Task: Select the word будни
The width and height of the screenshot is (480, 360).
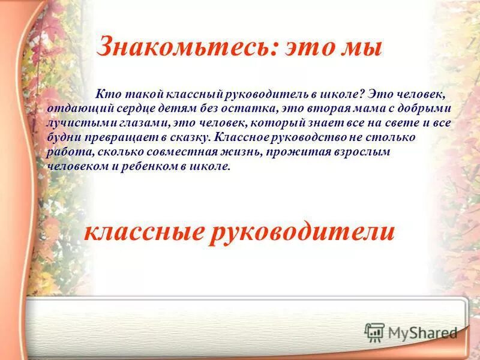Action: (x=62, y=137)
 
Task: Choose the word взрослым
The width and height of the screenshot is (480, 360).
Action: (x=363, y=152)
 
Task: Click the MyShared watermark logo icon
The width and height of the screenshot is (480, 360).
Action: (x=375, y=332)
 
